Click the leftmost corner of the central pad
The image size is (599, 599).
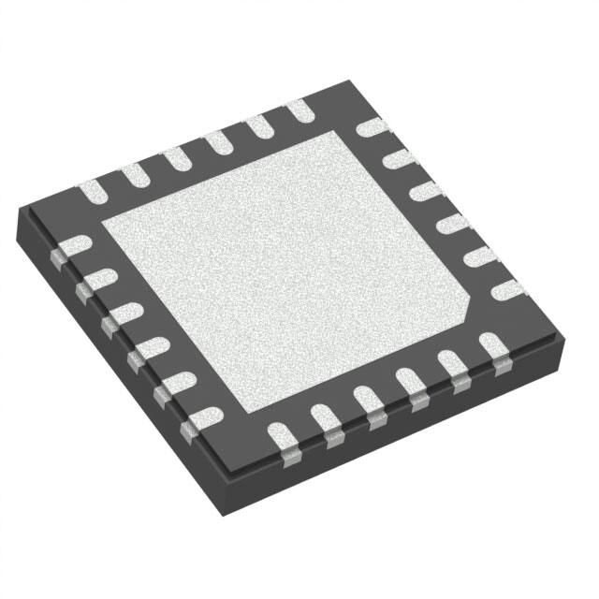click(x=101, y=222)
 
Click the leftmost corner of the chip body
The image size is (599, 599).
click(x=19, y=213)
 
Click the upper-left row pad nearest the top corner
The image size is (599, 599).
click(x=299, y=110)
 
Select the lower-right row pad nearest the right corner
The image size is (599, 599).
click(x=492, y=350)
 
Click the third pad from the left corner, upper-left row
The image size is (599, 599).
click(x=176, y=159)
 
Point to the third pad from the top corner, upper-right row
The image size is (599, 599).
click(x=427, y=191)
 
